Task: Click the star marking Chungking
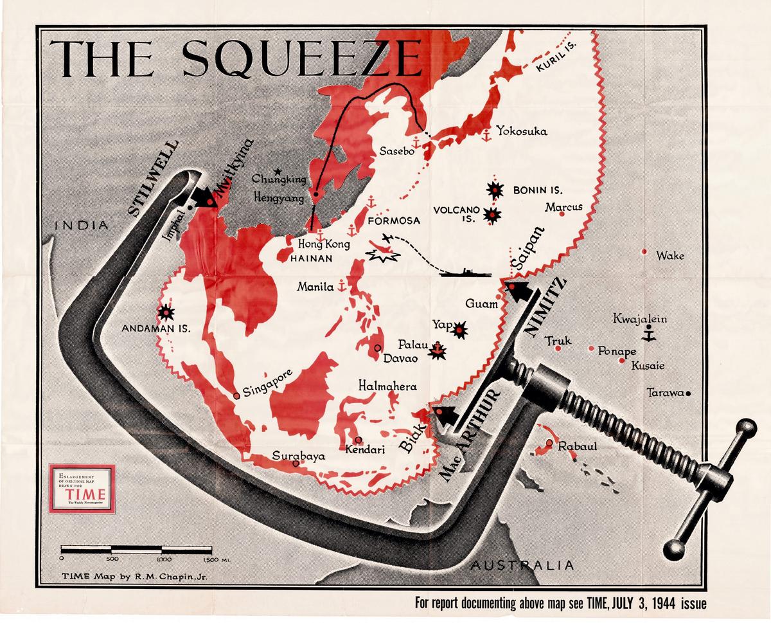point(277,172)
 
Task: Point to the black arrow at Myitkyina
point(204,195)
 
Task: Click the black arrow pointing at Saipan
point(524,293)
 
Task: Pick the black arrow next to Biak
point(447,415)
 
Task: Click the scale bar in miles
point(136,550)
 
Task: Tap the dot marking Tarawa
point(687,393)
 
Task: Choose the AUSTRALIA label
point(520,565)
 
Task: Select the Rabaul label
point(578,447)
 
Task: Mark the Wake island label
point(669,256)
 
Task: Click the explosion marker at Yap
point(459,331)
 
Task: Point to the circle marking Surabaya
point(295,463)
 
